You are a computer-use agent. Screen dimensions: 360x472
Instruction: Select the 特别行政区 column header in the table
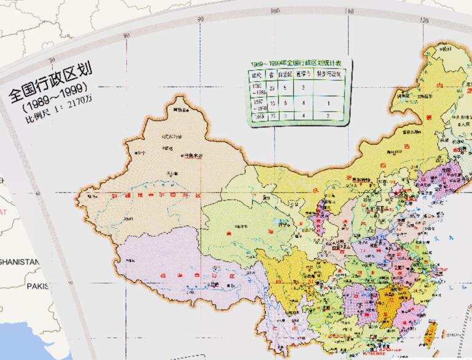pos(328,74)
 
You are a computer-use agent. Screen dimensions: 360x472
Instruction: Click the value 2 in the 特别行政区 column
pos(328,115)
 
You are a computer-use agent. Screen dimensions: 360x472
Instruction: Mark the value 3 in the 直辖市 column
pos(303,88)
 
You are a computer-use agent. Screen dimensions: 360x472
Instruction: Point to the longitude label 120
pos(423,20)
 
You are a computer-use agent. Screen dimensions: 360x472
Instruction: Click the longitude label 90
pos(200,20)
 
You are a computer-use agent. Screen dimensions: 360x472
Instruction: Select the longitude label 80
pos(126,34)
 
